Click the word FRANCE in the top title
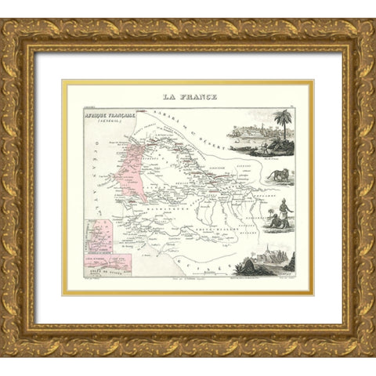tap(201, 97)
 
